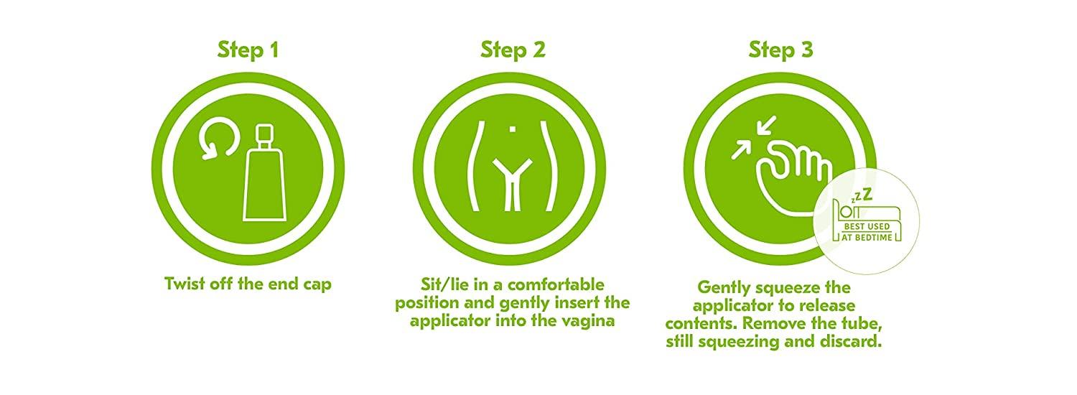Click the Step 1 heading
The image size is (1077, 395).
(x=248, y=50)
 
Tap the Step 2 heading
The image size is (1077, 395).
(x=513, y=50)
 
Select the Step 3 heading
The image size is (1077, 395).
(x=781, y=50)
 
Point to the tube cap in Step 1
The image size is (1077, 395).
(x=264, y=136)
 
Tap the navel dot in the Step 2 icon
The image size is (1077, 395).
(x=513, y=129)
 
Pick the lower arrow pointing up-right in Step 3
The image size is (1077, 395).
(x=740, y=149)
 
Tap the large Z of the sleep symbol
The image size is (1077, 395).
(x=867, y=195)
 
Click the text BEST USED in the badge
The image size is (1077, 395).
(x=867, y=226)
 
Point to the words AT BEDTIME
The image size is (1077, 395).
(x=867, y=237)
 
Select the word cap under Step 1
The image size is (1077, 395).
(x=317, y=285)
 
